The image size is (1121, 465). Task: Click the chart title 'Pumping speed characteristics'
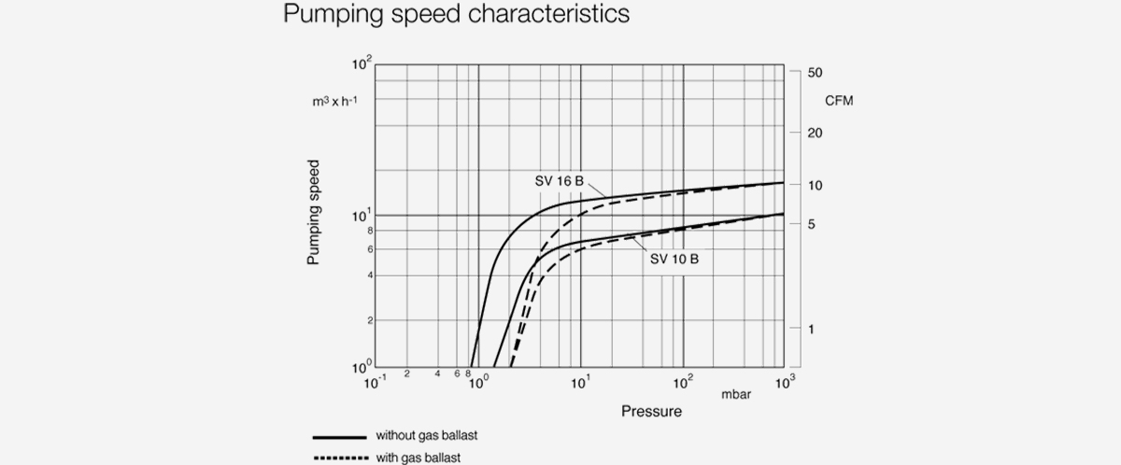(457, 16)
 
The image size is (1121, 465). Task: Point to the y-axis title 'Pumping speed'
(314, 211)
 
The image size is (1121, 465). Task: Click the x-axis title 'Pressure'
(651, 411)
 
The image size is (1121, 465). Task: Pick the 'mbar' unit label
(735, 394)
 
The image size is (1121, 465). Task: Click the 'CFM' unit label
(839, 100)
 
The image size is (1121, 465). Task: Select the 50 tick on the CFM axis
(814, 72)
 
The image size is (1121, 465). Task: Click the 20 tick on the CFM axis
(814, 133)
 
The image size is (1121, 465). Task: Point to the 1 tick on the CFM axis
(810, 329)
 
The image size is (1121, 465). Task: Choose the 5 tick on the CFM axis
(810, 224)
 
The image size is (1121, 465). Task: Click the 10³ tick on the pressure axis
(783, 382)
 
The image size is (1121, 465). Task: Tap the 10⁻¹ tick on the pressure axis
(373, 382)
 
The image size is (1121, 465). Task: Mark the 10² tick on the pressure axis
(681, 382)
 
